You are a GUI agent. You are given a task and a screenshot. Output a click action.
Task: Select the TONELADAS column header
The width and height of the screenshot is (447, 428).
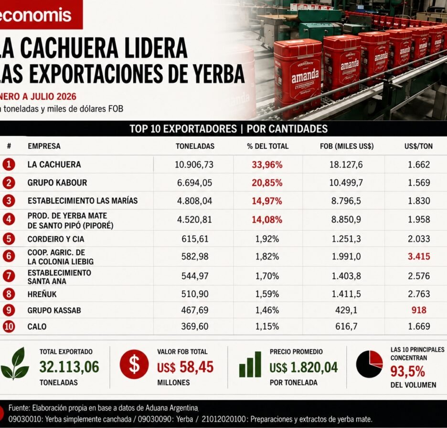pos(195,146)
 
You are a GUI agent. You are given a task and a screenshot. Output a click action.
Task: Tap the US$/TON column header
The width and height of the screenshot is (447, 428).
pos(418,146)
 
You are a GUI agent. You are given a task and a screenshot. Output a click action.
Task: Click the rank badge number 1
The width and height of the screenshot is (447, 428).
pos(9,164)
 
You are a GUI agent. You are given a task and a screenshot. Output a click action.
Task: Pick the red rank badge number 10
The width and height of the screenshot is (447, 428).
pos(9,326)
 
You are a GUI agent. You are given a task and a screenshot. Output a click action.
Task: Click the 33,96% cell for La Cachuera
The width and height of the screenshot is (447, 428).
pos(267,165)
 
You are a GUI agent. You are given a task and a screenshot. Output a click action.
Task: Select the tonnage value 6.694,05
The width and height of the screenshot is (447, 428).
pos(195,183)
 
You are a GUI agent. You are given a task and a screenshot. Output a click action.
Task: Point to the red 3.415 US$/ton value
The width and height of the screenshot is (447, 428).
pos(419,257)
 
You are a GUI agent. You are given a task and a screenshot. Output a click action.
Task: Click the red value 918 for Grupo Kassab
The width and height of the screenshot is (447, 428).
pos(419,310)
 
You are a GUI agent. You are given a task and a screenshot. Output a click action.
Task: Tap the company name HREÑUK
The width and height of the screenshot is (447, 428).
pos(42,294)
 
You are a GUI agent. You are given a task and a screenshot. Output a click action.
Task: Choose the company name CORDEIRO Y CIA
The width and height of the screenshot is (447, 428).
pos(56,239)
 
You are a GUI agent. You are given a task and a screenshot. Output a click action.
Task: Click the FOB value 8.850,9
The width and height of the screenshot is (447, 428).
pos(346,219)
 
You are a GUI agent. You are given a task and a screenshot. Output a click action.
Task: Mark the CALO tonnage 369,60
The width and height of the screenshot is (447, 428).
pos(195,326)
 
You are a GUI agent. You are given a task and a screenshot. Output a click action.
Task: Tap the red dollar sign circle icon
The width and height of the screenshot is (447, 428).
pos(134,365)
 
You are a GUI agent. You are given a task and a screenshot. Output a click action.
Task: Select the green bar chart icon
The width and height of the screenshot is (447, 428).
pos(250,365)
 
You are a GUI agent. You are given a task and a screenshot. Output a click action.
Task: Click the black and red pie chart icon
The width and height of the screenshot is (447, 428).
pos(370,364)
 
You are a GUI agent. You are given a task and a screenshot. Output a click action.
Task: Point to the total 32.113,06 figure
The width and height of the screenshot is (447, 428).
pos(69,367)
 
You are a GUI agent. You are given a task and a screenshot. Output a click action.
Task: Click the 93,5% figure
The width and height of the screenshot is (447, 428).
pos(408,372)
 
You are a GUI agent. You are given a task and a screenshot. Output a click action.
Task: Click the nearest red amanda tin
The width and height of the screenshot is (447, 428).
pos(298,77)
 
